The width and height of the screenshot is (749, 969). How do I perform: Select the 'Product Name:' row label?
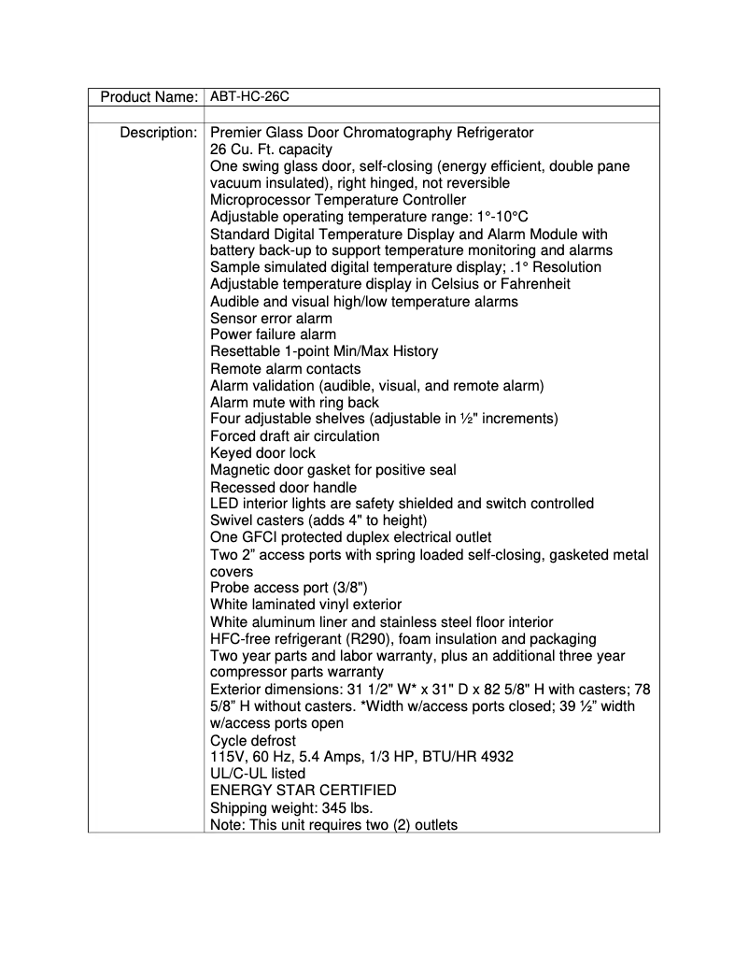click(148, 97)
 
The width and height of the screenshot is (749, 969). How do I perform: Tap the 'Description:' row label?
click(158, 133)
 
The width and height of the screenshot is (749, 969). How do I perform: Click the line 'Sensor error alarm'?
click(271, 318)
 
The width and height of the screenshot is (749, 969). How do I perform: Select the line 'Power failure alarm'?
click(273, 335)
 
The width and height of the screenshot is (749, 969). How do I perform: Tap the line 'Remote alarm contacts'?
click(285, 369)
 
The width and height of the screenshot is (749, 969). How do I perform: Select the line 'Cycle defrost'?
click(252, 740)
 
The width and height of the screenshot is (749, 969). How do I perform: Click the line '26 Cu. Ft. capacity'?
click(271, 150)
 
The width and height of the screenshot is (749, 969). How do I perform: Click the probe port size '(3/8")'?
click(342, 589)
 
